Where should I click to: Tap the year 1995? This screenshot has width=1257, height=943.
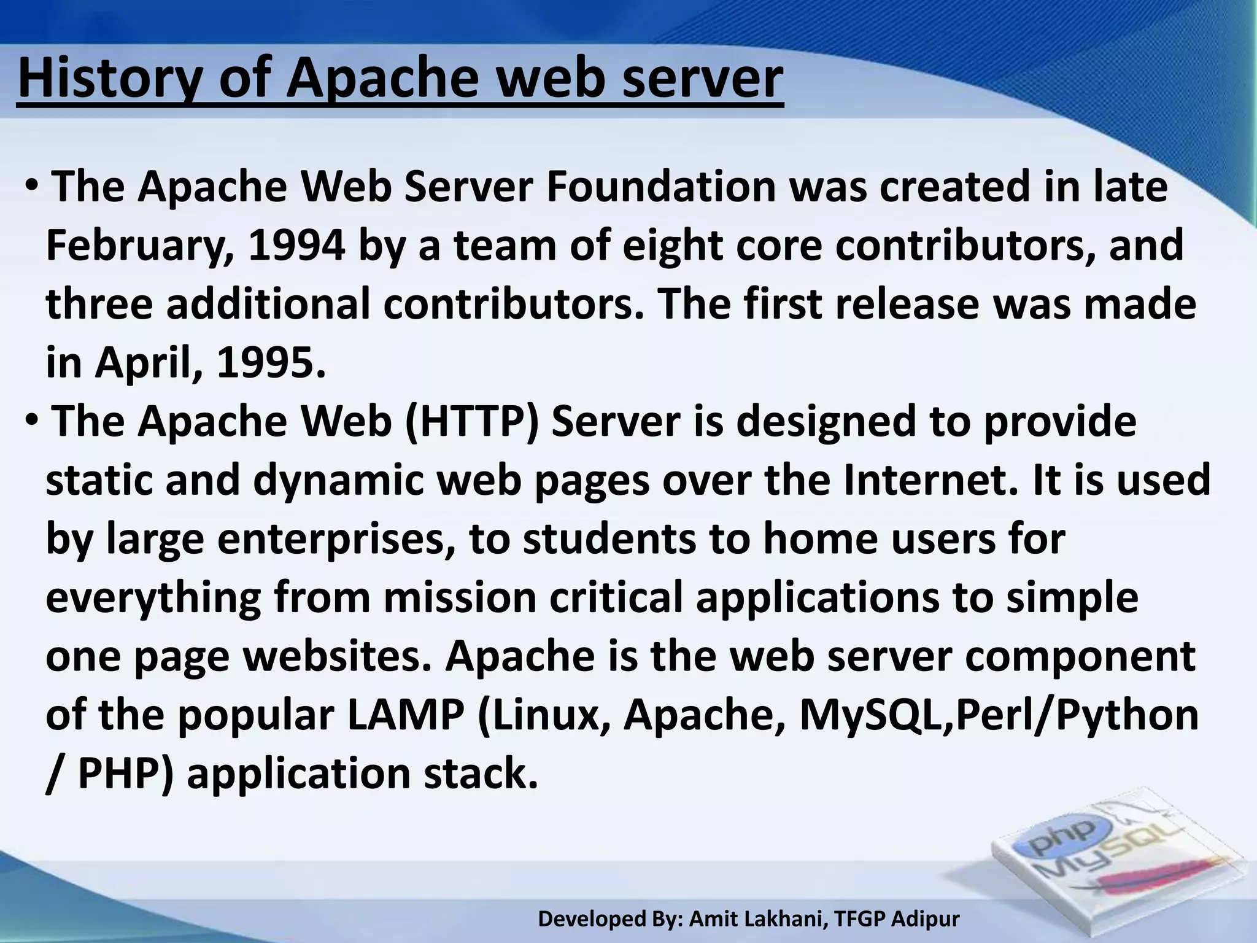point(270,363)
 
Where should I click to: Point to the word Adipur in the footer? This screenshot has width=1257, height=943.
point(925,918)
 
